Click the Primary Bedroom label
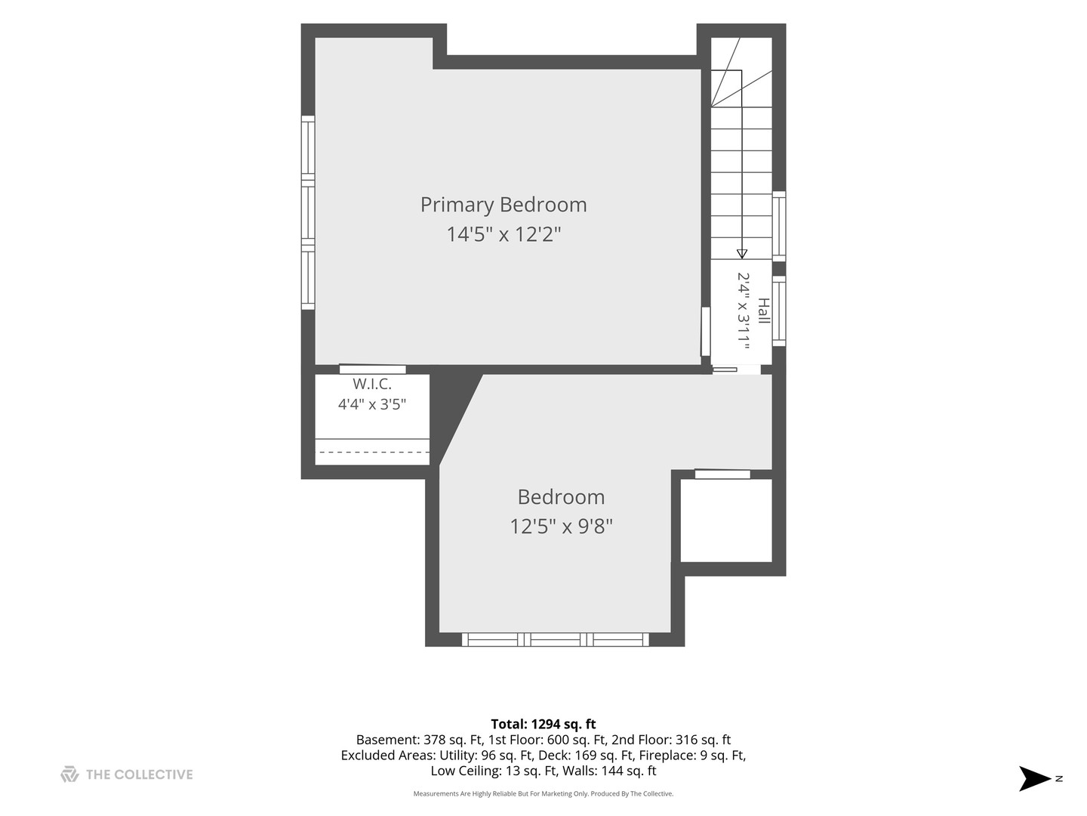503,205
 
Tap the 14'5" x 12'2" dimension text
503,234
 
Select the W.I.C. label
372,384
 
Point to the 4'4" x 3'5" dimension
372,404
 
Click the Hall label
764,311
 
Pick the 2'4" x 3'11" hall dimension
744,311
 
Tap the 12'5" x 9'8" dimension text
561,526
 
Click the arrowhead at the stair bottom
741,254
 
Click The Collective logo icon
69,774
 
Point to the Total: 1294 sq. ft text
543,725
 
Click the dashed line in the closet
372,453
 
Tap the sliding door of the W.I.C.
372,369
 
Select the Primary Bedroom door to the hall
705,331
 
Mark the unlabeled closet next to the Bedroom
726,521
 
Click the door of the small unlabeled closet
722,474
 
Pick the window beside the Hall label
779,311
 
